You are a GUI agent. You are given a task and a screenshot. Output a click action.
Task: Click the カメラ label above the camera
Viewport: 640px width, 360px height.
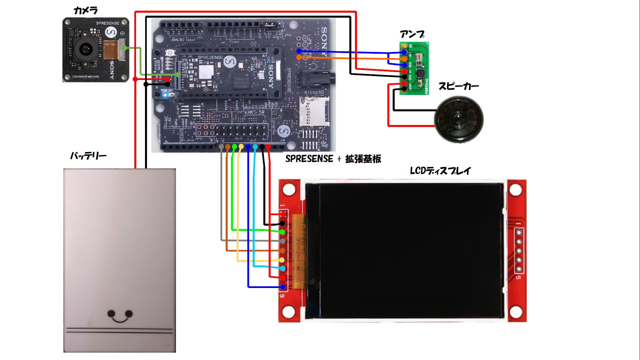pyautogui.click(x=85, y=11)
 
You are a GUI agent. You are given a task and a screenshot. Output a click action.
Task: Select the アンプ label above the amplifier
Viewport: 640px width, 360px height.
pyautogui.click(x=412, y=34)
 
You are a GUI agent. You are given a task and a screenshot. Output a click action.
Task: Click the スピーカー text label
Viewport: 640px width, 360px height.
pyautogui.click(x=459, y=86)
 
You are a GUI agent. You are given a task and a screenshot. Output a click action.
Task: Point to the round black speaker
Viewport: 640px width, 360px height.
pyautogui.click(x=459, y=119)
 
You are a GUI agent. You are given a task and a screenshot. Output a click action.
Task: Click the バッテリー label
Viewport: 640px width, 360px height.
pyautogui.click(x=88, y=156)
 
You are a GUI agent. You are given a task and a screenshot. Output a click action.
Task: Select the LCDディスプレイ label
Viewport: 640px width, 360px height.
pyautogui.click(x=440, y=171)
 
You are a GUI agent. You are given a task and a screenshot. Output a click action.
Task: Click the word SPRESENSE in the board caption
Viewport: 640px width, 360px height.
pyautogui.click(x=309, y=159)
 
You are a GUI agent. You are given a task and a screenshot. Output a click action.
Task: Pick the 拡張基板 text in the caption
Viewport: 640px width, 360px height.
pyautogui.click(x=363, y=159)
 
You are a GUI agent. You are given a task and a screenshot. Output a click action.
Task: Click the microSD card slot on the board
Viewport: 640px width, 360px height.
pyautogui.click(x=313, y=112)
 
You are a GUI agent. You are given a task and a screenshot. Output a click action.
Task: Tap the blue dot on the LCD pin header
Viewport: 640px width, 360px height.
pyautogui.click(x=283, y=287)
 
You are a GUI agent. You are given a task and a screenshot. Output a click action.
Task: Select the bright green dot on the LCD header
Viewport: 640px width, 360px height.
pyautogui.click(x=282, y=232)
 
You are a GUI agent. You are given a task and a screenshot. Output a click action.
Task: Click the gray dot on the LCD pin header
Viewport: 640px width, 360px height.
pyautogui.click(x=283, y=241)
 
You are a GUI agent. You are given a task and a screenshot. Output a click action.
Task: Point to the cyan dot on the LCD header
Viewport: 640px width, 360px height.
pyautogui.click(x=283, y=268)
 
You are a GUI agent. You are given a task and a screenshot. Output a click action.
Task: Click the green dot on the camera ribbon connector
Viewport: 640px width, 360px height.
pyautogui.click(x=124, y=48)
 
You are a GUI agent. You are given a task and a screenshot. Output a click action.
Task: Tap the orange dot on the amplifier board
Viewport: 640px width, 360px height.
pyautogui.click(x=404, y=59)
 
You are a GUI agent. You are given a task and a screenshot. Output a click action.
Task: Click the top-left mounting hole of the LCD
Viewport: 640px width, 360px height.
pyautogui.click(x=289, y=190)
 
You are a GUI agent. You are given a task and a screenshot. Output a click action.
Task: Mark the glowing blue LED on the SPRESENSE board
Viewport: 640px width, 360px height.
pyautogui.click(x=165, y=95)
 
